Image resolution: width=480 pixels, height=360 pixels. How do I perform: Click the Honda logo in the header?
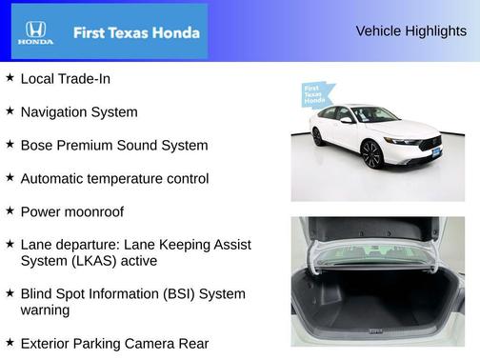(35, 32)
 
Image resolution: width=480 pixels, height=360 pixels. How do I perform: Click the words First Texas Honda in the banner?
(136, 32)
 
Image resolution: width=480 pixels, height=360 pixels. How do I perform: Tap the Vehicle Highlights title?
(410, 31)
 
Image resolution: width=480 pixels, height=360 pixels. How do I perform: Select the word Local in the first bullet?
(38, 79)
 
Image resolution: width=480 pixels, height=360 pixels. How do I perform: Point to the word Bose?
(37, 146)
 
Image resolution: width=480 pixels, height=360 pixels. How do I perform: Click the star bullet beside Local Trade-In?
(10, 78)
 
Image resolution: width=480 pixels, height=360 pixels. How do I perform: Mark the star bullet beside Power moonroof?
(10, 210)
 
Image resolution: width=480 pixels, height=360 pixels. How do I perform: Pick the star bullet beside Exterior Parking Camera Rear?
(10, 342)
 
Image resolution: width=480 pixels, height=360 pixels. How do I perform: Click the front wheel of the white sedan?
(371, 155)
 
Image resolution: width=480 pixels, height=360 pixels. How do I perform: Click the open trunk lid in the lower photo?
(377, 232)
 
